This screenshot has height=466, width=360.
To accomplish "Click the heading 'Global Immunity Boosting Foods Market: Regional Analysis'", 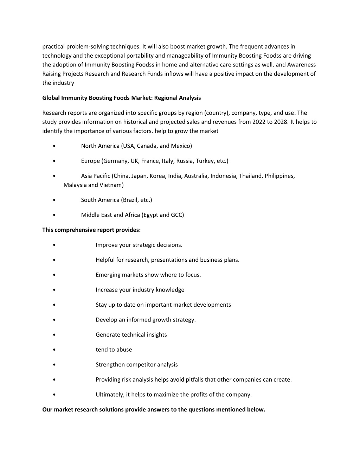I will click(x=121, y=98).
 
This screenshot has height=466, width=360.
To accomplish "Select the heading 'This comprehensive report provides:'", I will click(x=91, y=230).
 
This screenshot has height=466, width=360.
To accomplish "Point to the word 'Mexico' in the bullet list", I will click(x=181, y=146).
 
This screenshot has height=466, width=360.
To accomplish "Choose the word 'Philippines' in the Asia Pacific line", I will click(x=279, y=176).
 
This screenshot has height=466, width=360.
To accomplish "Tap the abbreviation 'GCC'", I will click(x=177, y=215).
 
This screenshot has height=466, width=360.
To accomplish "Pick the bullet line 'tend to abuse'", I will click(x=114, y=350).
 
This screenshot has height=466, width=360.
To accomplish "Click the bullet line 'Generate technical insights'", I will click(x=131, y=334).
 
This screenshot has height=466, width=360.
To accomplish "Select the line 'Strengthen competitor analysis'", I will click(x=136, y=364).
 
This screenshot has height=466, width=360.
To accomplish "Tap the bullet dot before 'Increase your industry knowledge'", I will click(x=54, y=290).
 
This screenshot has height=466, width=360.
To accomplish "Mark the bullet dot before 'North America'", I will click(x=54, y=146).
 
